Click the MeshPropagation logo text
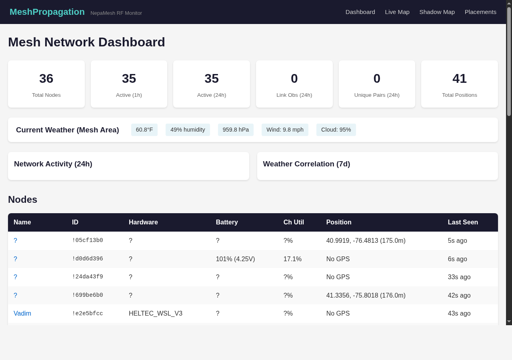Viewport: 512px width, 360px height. pos(47,12)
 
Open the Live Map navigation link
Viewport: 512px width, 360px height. pos(397,12)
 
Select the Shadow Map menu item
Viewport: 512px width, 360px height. pos(437,12)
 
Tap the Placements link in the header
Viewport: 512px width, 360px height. pos(480,12)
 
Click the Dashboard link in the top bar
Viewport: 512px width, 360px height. pos(360,12)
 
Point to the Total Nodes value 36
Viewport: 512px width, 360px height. pos(46,78)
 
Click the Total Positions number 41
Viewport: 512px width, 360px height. pos(459,78)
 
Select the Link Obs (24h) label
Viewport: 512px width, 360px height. pos(294,95)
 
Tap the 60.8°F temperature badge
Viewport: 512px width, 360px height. pos(144,130)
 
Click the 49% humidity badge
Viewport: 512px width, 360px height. pos(188,130)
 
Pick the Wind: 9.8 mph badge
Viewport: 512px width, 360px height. pos(285,130)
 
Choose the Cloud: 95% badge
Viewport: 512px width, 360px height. pos(336,130)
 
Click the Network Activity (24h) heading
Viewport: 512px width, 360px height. pos(53,164)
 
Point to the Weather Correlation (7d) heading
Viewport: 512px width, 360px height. pos(306,164)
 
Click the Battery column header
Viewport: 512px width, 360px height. pos(227,222)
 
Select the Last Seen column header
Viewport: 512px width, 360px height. pos(463,222)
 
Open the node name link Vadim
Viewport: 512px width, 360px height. pos(22,314)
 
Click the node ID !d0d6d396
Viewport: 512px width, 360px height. pos(88,259)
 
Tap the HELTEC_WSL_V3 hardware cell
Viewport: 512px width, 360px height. pos(156,314)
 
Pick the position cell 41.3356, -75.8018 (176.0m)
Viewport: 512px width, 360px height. pos(366,296)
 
